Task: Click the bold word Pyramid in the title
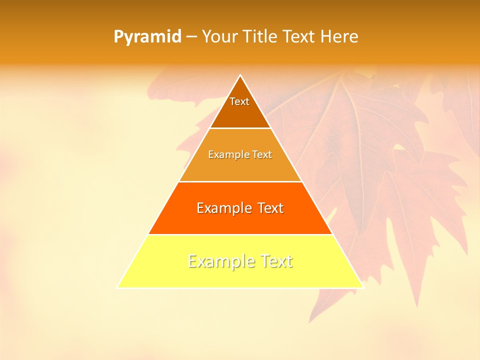click(x=147, y=37)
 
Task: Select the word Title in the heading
click(x=262, y=37)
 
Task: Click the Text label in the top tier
click(x=239, y=101)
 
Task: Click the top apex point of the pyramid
click(x=240, y=75)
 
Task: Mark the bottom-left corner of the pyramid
click(x=117, y=287)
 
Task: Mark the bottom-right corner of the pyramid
click(x=363, y=287)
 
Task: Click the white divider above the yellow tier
click(x=240, y=234)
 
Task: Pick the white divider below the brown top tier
click(x=240, y=128)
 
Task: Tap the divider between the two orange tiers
click(x=240, y=181)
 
